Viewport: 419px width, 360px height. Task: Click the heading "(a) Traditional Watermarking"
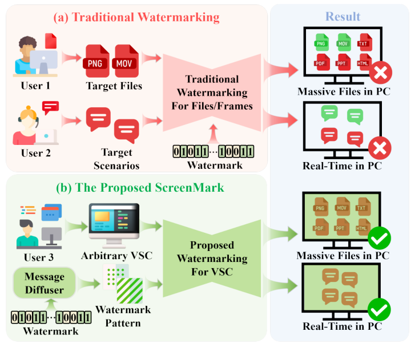coord(136,17)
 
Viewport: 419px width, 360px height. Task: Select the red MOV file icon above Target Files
coord(127,60)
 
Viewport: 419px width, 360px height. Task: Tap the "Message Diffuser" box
coord(44,284)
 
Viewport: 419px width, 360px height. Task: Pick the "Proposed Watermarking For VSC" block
coord(212,258)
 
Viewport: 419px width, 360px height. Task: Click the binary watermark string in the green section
coord(52,318)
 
